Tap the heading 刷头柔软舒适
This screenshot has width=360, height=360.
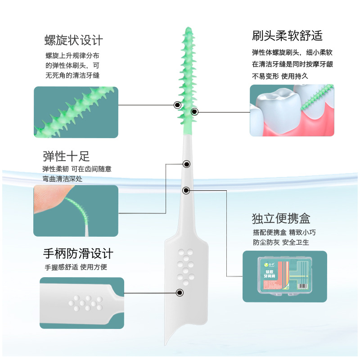click(x=287, y=36)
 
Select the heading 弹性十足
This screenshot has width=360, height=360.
click(x=66, y=156)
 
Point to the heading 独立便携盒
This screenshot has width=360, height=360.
click(x=281, y=219)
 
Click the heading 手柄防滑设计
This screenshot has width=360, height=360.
click(x=78, y=253)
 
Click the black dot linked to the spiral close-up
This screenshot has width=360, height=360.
click(x=177, y=105)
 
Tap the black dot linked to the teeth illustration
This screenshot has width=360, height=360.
click(x=194, y=111)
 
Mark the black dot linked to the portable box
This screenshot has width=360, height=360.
click(x=186, y=190)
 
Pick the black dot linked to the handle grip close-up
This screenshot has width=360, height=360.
click(x=180, y=293)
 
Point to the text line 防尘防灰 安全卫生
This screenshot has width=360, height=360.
click(x=281, y=243)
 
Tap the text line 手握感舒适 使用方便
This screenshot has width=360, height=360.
click(x=75, y=267)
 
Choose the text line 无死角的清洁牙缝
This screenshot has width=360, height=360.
click(x=72, y=75)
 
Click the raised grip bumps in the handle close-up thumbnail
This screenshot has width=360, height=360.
click(x=85, y=302)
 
